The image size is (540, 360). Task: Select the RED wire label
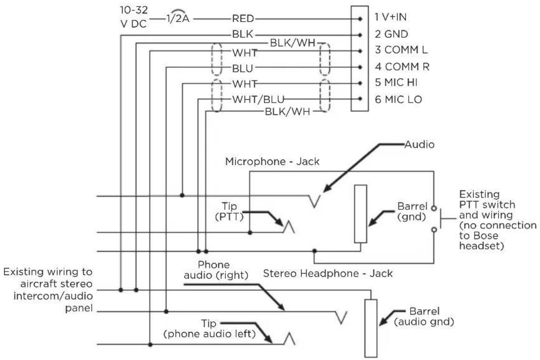point(243,18)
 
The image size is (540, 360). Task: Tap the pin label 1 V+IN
point(390,17)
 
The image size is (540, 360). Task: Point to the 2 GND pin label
point(391,34)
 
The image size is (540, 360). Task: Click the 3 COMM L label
point(401,50)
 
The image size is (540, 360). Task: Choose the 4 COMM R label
point(402,66)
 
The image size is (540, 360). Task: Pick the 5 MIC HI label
point(396,83)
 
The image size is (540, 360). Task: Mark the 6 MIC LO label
point(398,100)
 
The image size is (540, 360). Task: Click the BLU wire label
point(242,69)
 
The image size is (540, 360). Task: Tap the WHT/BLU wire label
point(258,100)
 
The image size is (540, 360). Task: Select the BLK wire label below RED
point(242,34)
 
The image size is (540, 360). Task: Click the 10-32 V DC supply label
point(134,17)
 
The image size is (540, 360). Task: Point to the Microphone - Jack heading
point(272,161)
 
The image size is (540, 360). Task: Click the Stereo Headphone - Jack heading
point(328,273)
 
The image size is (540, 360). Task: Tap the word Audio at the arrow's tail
point(419,144)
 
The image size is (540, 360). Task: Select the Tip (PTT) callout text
point(229,211)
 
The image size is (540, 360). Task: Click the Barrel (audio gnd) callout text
point(424,317)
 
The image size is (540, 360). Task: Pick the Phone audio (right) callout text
point(216,270)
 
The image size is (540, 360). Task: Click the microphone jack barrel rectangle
point(361,214)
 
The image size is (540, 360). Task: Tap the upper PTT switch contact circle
point(434,208)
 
